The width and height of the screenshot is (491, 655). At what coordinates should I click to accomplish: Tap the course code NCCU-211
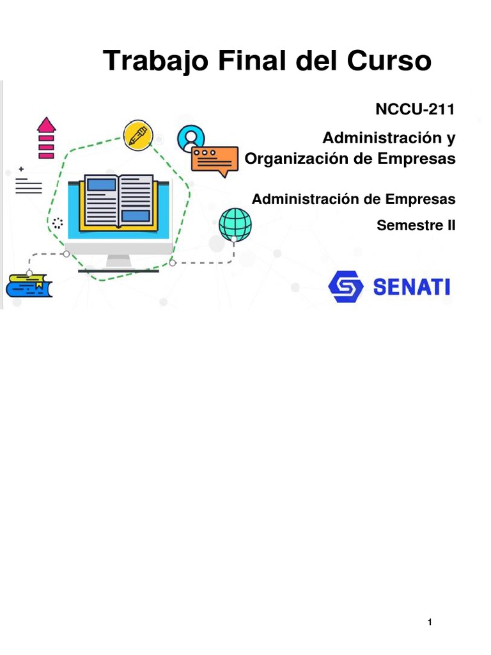[x=415, y=109]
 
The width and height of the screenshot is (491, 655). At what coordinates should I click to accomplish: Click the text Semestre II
[x=416, y=225]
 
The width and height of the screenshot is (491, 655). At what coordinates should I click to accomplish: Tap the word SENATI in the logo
[x=411, y=287]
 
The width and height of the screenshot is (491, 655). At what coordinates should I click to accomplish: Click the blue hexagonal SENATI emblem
[x=346, y=287]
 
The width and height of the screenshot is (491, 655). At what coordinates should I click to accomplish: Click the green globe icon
[x=235, y=224]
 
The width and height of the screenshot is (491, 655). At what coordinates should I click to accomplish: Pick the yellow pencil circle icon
[x=138, y=135]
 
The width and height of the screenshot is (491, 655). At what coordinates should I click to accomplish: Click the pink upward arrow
[x=46, y=138]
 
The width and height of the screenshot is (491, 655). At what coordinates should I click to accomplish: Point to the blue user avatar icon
[x=191, y=136]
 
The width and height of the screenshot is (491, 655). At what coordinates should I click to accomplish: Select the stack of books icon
[x=29, y=285]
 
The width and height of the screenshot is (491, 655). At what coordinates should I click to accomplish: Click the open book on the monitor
[x=119, y=201]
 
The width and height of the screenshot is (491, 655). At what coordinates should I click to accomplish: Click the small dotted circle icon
[x=58, y=223]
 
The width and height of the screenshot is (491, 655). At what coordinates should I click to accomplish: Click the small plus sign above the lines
[x=21, y=169]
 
